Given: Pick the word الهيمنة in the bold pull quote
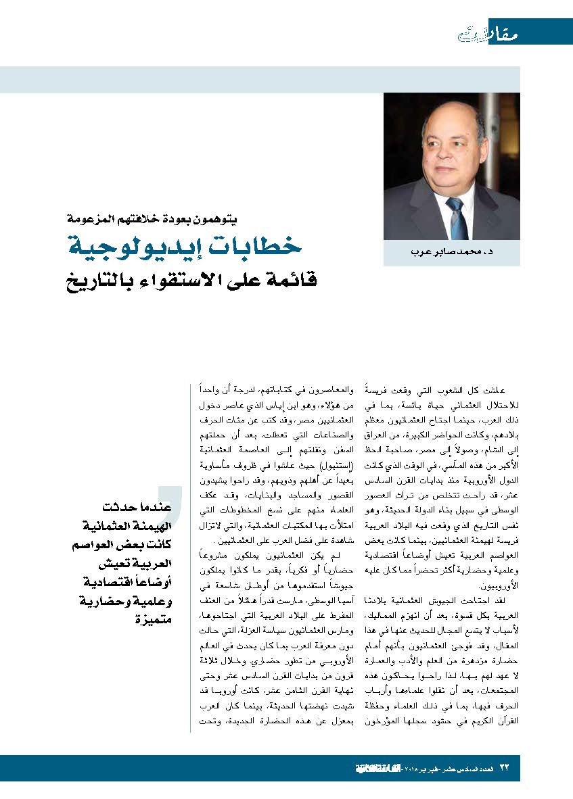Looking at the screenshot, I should point(152,525).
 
